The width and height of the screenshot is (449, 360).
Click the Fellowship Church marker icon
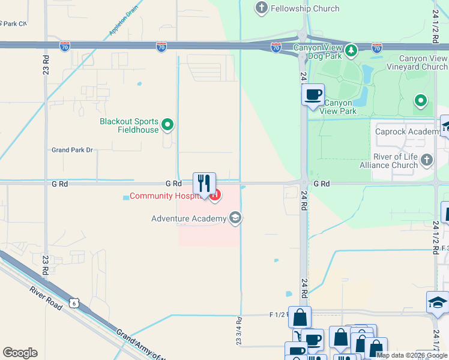pos(261,8)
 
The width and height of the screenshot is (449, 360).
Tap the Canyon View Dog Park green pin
pos(351,49)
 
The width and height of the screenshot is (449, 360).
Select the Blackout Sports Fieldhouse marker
pos(168,125)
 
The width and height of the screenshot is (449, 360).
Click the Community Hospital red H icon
pos(215,196)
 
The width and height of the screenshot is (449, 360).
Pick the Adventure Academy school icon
pos(235,218)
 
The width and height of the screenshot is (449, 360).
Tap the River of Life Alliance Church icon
pos(426,160)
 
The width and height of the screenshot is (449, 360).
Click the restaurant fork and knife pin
pos(204,184)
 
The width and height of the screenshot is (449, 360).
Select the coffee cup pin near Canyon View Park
pos(313,95)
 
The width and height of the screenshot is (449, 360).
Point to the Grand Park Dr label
pos(72,150)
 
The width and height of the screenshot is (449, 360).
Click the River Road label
pos(46,298)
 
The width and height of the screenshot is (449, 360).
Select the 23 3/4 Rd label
pos(238,331)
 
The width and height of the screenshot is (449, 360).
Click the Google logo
pos(20,353)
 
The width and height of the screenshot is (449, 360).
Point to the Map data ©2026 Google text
pos(412,355)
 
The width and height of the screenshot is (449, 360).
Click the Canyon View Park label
pos(339,107)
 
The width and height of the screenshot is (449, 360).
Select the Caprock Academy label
pos(407,131)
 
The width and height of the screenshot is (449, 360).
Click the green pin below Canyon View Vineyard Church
pos(421,101)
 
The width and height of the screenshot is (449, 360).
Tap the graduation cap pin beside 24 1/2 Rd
pos(438,304)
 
